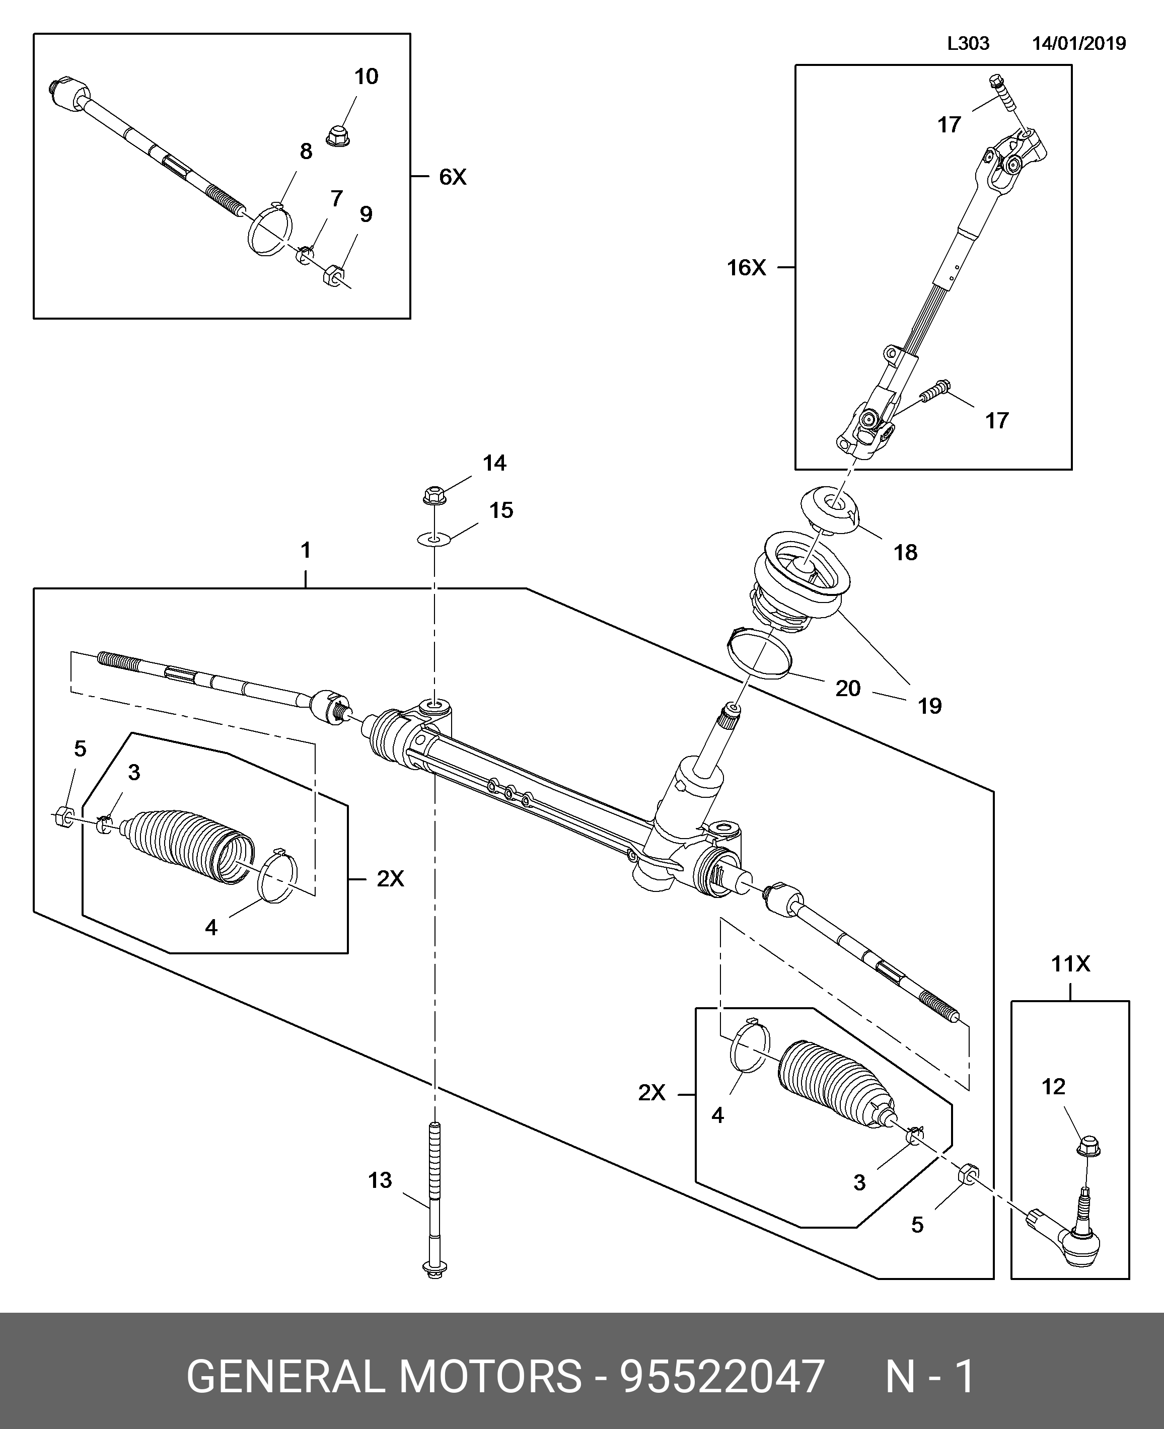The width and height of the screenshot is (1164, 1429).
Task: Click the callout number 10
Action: point(366,77)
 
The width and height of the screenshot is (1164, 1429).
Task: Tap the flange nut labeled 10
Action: point(339,135)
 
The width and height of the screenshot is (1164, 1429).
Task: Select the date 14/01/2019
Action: point(1079,44)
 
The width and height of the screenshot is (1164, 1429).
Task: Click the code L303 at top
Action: point(968,44)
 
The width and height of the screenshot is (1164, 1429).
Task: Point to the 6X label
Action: point(453,177)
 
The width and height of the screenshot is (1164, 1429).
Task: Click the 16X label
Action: point(746,268)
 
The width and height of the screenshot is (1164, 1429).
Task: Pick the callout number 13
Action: point(380,1180)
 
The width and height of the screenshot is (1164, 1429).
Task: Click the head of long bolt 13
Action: point(434,1269)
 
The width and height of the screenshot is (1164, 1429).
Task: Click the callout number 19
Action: point(929,706)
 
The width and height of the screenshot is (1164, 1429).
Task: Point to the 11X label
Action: point(1070,964)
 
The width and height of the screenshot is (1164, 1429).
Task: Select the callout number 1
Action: point(306,550)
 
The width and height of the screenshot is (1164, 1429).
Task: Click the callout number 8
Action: point(306,152)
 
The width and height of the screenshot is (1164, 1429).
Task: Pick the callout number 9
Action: point(366,214)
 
